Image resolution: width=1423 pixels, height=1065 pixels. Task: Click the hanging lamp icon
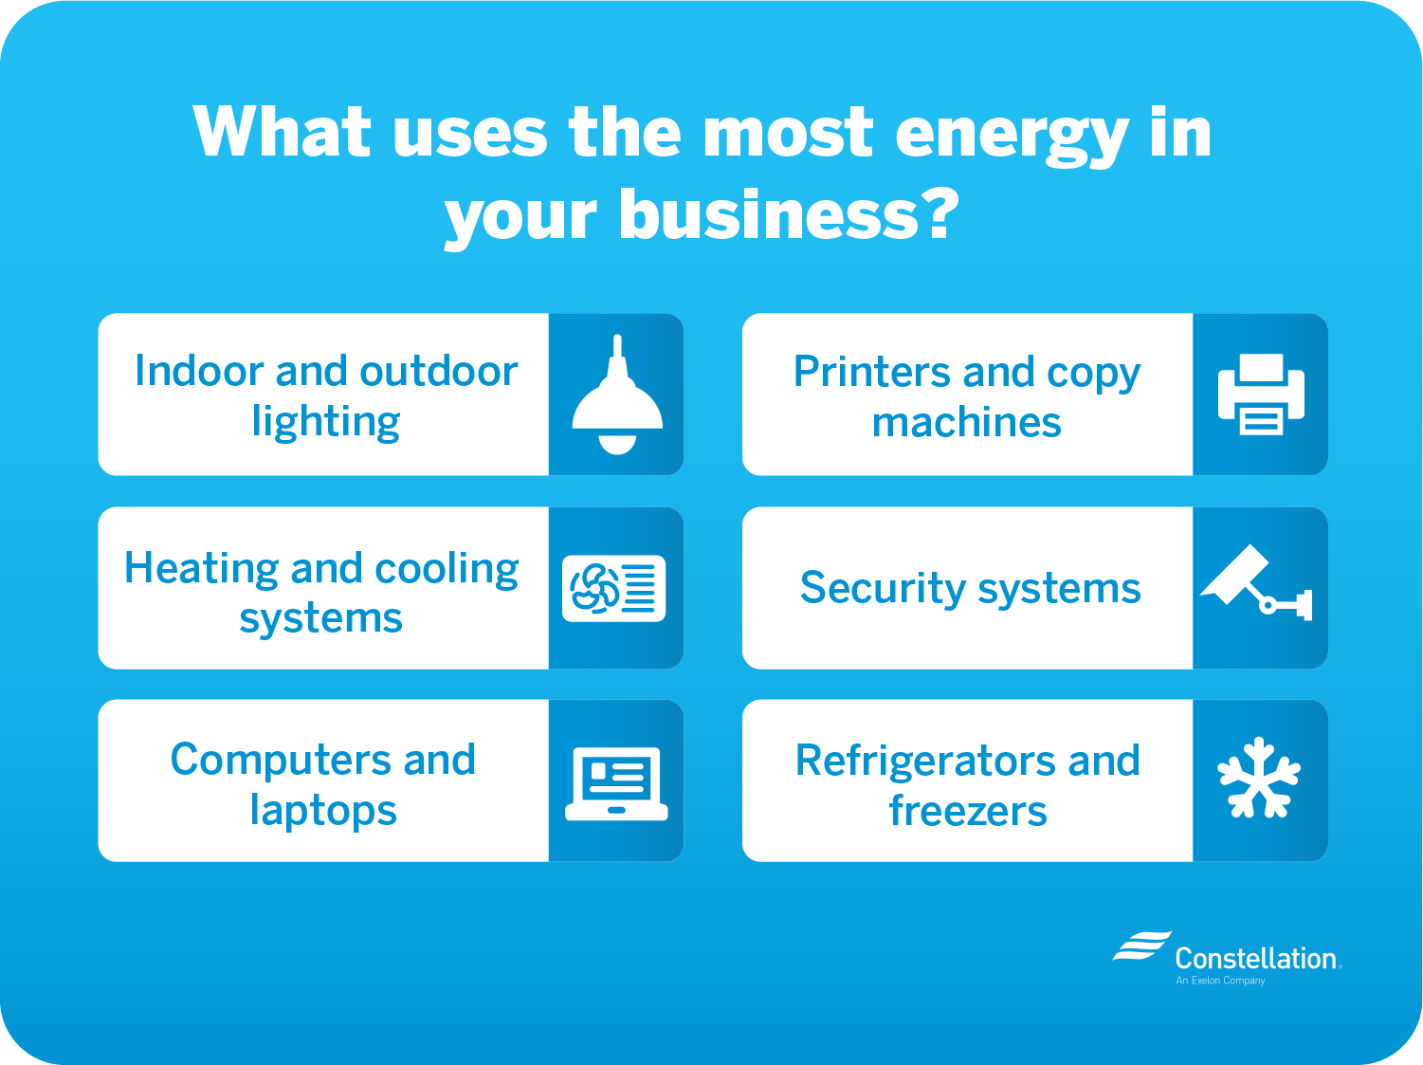click(617, 396)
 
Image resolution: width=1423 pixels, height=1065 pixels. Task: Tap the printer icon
click(1261, 395)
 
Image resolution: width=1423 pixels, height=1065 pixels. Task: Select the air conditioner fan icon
click(614, 588)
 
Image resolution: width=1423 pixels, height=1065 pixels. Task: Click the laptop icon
click(616, 782)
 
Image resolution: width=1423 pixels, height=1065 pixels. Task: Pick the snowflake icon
click(1259, 778)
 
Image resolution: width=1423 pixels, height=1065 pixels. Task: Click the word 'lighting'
click(325, 422)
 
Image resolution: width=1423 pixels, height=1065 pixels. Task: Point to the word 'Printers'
click(871, 372)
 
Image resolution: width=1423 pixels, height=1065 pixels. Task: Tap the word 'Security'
click(882, 588)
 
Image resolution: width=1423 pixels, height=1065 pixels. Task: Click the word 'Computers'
click(282, 760)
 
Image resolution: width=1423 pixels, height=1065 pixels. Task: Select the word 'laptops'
click(323, 811)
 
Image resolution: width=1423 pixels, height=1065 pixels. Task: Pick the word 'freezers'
click(967, 811)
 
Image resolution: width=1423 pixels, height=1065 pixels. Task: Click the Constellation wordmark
click(1256, 958)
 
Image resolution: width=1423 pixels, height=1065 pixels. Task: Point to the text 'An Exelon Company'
click(1220, 981)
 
